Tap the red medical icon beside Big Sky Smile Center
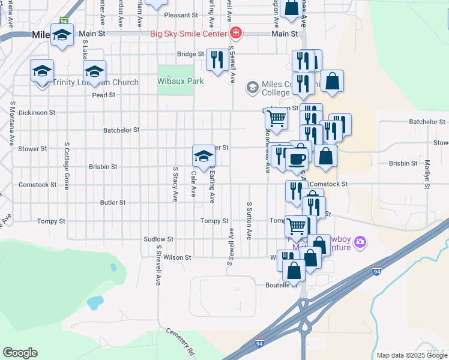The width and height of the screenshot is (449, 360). coord(236,32)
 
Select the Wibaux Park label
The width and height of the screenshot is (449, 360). coord(181,81)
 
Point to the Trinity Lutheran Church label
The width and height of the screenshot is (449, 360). coord(95,82)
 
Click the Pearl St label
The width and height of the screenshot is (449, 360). coord(103,95)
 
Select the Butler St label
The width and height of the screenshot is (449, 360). coord(113,203)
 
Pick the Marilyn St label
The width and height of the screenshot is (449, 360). coord(427,174)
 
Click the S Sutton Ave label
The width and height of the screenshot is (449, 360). coord(249,221)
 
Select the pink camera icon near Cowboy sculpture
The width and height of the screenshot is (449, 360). coord(360,242)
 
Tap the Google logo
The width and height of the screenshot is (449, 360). coord(20,353)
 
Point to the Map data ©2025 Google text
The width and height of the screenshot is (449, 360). coord(411,355)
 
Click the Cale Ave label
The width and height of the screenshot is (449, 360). coord(193,185)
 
